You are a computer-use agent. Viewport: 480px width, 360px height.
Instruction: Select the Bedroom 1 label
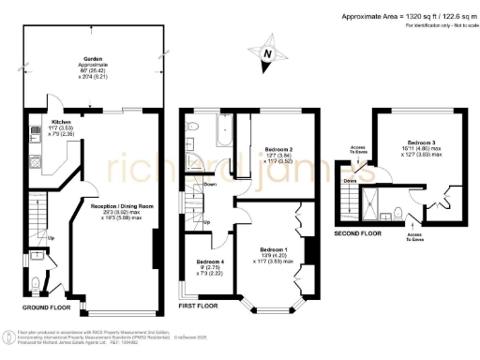pyautogui.click(x=275, y=250)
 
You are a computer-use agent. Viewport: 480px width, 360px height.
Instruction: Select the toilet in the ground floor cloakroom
pyautogui.click(x=36, y=281)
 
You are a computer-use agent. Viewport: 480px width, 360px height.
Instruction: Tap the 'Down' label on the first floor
pyautogui.click(x=210, y=185)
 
